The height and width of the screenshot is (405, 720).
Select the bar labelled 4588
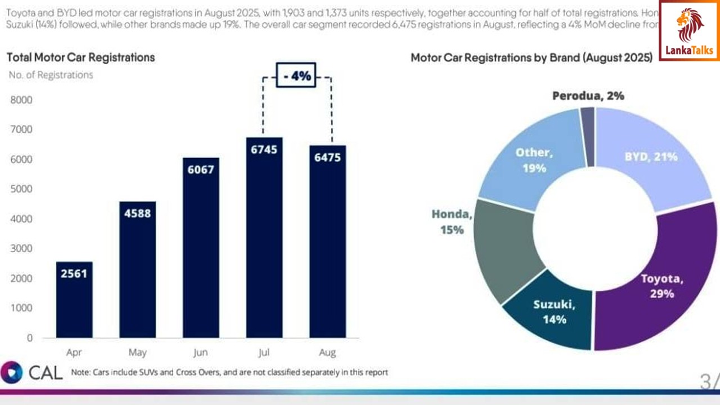click(x=137, y=269)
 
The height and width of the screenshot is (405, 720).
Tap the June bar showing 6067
click(x=201, y=247)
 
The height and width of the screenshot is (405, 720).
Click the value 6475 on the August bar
click(x=327, y=157)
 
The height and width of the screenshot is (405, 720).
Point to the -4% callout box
click(x=296, y=76)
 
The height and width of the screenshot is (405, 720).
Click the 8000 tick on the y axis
click(x=21, y=100)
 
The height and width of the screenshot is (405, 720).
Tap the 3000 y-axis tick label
click(x=21, y=249)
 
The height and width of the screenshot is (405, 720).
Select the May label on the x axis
click(x=137, y=353)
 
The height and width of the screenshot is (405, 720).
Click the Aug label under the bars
click(x=327, y=353)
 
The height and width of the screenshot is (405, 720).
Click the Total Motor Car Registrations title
click(x=80, y=57)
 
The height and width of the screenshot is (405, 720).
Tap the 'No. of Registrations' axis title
click(x=51, y=75)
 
